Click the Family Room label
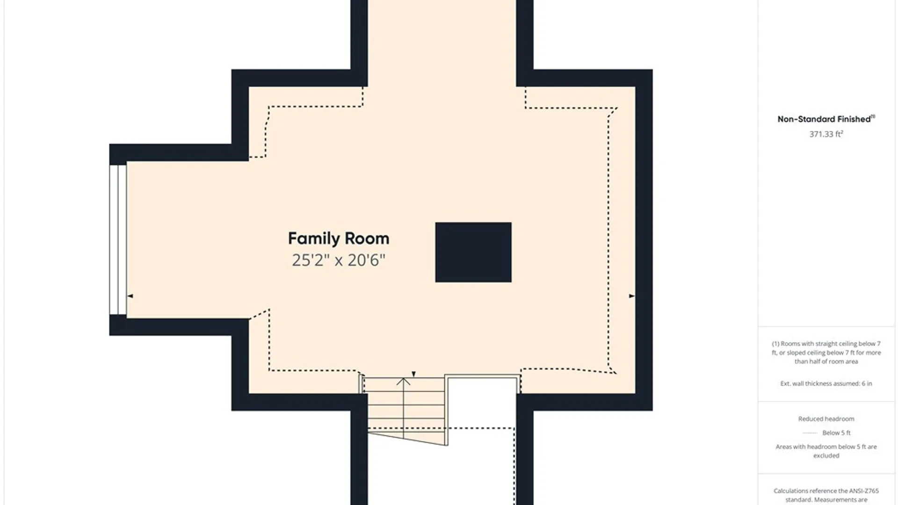pos(339,238)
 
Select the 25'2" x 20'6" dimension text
pos(339,260)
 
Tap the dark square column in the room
pos(473,252)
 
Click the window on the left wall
pos(118,240)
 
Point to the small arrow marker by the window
pos(130,296)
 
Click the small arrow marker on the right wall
pos(631,296)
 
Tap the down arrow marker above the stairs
pos(413,374)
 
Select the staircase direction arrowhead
pos(404,382)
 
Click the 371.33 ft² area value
pos(826,134)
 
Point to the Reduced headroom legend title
pos(826,419)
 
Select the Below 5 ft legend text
pos(836,433)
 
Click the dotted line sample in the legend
pos(810,433)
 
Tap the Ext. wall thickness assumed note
pos(826,383)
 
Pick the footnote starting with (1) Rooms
pos(826,353)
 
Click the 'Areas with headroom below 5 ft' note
pos(826,451)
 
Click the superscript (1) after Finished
pos(873,116)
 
